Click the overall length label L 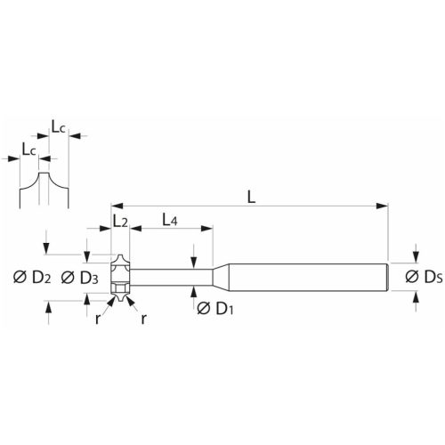251,198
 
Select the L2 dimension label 119,220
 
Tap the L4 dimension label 170,220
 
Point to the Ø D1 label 213,308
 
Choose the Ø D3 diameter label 78,278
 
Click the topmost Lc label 59,127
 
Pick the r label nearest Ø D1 143,319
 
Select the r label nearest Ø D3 98,318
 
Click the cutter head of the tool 120,277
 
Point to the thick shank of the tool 311,277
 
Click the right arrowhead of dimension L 385,206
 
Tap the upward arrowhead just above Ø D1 195,290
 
